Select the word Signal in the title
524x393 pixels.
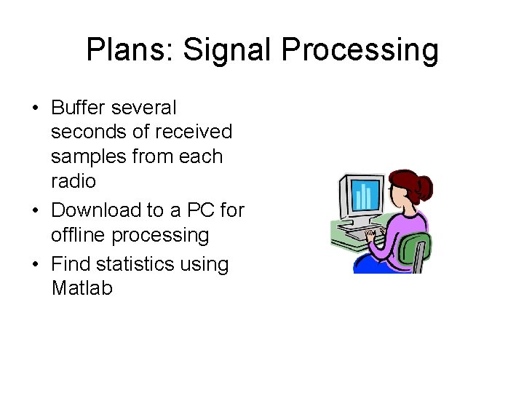coord(227,50)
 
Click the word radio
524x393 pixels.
coord(74,180)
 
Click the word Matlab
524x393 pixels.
coord(82,288)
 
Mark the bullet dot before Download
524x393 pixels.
coord(35,211)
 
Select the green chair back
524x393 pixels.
coord(418,248)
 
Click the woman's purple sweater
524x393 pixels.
coord(397,233)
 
